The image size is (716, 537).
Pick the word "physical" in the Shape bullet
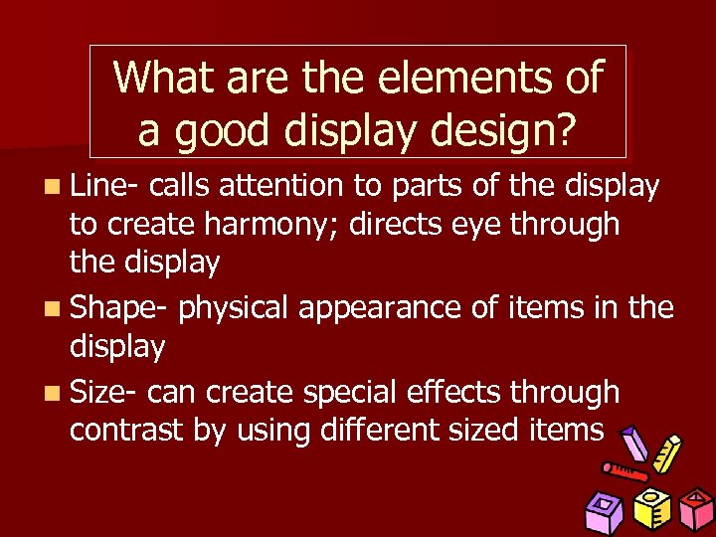[235, 308]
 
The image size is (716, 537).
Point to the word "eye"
[476, 225]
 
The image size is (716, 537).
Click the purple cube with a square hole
[605, 512]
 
